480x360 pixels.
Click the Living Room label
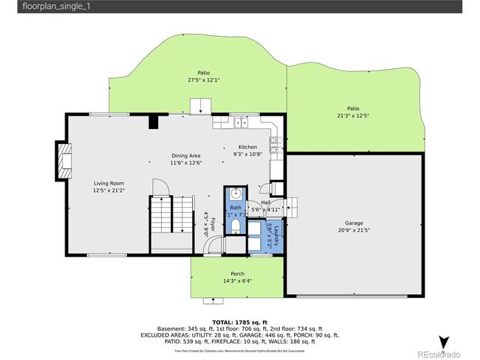pyautogui.click(x=108, y=183)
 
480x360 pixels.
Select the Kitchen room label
pyautogui.click(x=247, y=147)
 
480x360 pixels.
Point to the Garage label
pyautogui.click(x=354, y=223)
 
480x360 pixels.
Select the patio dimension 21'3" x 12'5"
pyautogui.click(x=352, y=115)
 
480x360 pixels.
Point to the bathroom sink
pyautogui.click(x=235, y=192)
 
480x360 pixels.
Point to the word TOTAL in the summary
pyautogui.click(x=211, y=322)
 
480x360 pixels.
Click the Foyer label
pyautogui.click(x=212, y=224)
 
